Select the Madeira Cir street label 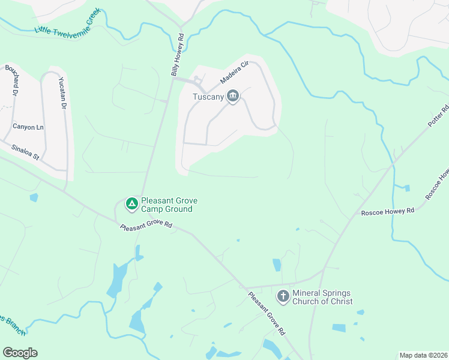234,72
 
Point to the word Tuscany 208,97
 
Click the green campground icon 131,205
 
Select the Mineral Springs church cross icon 283,296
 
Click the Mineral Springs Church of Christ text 322,297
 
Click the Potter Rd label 438,117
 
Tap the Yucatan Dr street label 62,93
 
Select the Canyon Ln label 28,127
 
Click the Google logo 19,352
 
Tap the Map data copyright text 423,355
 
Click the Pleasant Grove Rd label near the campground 146,227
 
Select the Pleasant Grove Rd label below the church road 267,313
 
